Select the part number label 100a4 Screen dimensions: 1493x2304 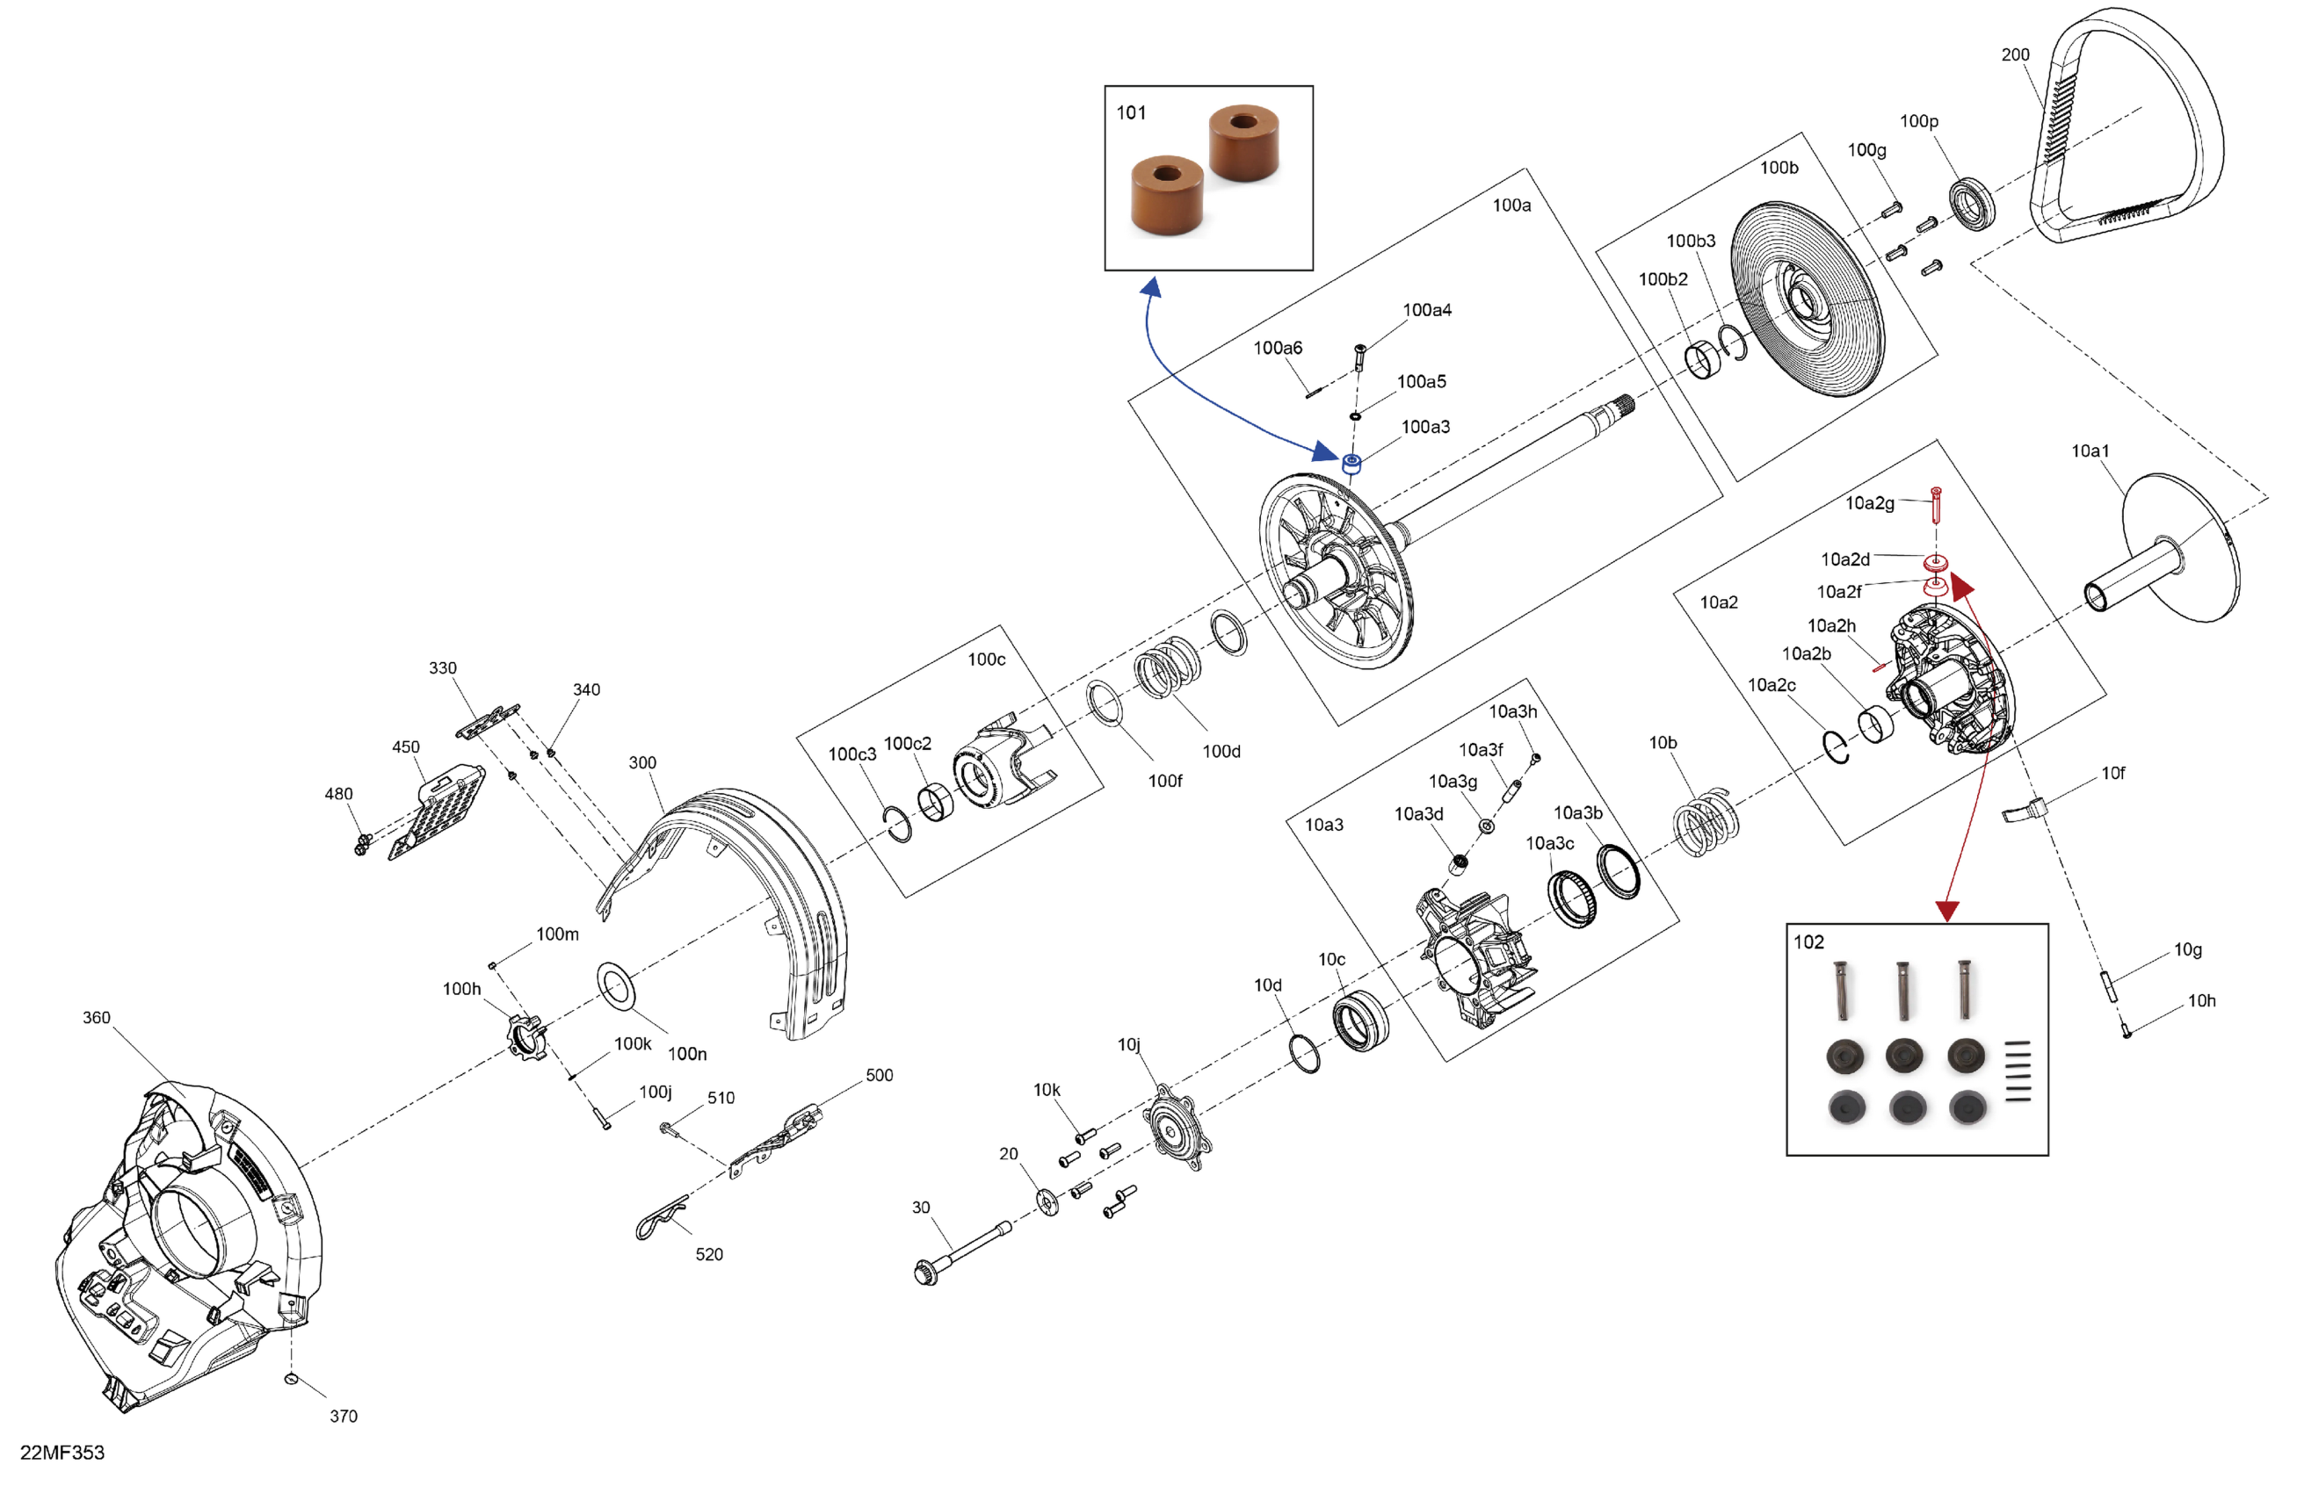1426,311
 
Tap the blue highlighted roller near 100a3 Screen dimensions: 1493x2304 1352,463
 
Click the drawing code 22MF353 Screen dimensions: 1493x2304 62,1453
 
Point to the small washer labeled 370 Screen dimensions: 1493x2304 291,1378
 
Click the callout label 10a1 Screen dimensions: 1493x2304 2090,451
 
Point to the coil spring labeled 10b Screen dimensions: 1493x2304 1706,822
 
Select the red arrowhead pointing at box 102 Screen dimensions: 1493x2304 1946,911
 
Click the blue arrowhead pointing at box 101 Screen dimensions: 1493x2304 1151,287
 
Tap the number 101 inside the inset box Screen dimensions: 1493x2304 1131,113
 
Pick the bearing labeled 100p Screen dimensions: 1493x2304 1971,204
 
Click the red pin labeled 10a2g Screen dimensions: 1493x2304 1935,504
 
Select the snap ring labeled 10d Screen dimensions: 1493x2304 1305,1052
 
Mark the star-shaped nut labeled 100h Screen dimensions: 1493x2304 526,1036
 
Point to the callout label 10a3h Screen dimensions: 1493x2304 1512,712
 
